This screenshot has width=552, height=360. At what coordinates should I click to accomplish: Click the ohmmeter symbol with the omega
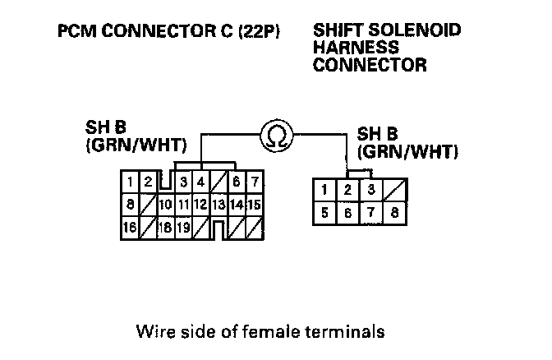point(276,136)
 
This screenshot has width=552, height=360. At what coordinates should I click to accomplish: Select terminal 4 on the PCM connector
point(200,182)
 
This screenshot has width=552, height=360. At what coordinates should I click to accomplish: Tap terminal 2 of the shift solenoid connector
point(348,191)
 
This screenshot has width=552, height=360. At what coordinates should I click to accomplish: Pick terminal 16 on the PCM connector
point(130,227)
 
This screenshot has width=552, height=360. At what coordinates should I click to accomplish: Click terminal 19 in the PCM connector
point(184,227)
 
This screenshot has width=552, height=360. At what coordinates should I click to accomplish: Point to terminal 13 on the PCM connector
point(218,204)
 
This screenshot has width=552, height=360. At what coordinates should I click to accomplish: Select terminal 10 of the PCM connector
point(166,204)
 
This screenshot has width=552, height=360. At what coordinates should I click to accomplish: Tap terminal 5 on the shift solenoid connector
point(325,213)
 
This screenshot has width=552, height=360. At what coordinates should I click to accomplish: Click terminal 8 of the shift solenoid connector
point(395,213)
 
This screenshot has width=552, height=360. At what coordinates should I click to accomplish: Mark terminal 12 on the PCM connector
point(200,204)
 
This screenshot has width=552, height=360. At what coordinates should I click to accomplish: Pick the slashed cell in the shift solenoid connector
point(395,191)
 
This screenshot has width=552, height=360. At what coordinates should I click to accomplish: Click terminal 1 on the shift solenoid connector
point(325,191)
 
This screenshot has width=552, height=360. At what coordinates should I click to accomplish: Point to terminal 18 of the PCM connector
point(166,227)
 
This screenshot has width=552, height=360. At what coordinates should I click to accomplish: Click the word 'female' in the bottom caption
point(282,333)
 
